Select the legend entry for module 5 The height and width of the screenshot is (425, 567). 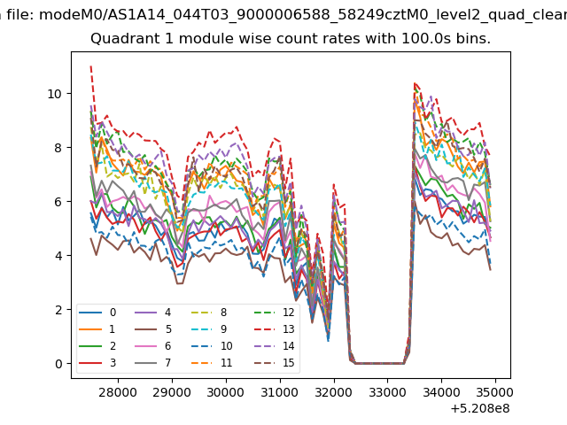click(153, 329)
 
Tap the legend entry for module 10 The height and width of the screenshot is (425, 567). click(212, 346)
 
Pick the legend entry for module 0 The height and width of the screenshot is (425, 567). click(97, 313)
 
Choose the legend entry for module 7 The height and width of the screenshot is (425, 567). click(153, 363)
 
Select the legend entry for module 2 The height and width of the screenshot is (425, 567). click(97, 346)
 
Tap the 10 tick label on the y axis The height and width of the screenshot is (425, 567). click(55, 94)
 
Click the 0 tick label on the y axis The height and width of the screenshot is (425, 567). click(58, 364)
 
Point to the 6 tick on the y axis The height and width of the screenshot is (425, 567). click(71, 202)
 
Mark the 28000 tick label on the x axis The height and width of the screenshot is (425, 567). click(118, 392)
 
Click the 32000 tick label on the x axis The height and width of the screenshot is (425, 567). click(334, 392)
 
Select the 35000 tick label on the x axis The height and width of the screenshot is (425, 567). click(495, 392)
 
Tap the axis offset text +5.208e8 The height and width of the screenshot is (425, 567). click(480, 409)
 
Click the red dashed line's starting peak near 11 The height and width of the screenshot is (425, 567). click(90, 66)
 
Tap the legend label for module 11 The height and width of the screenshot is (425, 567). click(227, 363)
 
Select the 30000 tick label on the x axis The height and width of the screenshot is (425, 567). click(226, 392)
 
